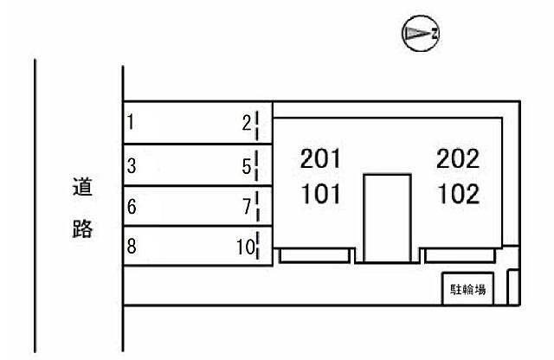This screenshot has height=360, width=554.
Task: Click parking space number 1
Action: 131,122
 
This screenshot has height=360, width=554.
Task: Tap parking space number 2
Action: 247,123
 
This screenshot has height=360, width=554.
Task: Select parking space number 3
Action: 132,165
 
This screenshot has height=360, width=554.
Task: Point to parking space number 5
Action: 247,166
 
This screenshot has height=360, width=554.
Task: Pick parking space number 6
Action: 132,207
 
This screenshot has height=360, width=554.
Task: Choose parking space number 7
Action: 247,207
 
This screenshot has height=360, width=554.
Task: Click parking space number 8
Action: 132,247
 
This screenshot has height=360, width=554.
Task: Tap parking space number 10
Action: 246,247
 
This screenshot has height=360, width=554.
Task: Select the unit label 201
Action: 320,158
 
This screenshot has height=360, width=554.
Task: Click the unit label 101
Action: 320,194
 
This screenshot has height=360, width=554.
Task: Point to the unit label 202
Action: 458,158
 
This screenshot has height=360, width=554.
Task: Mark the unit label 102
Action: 459,194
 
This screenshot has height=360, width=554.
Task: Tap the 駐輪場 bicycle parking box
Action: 467,289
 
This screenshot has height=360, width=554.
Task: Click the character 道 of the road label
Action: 82,187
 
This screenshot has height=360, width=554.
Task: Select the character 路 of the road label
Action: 82,228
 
